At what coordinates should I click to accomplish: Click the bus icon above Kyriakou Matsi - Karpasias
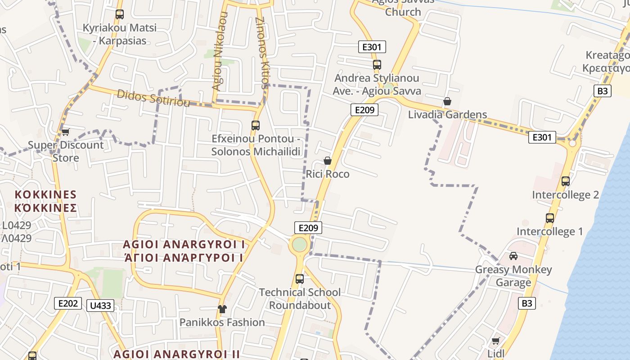(x=119, y=14)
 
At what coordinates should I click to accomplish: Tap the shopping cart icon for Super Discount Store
(x=66, y=132)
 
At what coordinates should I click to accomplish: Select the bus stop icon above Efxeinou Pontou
(x=256, y=126)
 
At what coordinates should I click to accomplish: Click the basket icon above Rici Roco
(x=328, y=161)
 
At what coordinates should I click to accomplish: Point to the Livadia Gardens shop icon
(x=447, y=101)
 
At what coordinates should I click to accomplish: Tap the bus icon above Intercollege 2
(x=566, y=181)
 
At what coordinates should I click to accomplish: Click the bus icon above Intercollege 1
(x=549, y=218)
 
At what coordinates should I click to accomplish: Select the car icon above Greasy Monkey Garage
(x=513, y=256)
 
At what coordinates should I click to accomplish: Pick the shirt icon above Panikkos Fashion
(x=222, y=309)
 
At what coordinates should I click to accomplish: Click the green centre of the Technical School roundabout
(x=299, y=245)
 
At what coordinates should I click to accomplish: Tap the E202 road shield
(x=68, y=303)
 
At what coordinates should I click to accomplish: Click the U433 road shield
(x=100, y=306)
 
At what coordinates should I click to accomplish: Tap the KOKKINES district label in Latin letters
(x=45, y=194)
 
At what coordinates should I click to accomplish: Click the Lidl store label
(x=496, y=353)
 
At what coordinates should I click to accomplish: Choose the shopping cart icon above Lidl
(x=495, y=341)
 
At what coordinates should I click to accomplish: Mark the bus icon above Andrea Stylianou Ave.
(x=377, y=65)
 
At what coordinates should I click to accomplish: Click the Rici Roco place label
(x=328, y=174)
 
